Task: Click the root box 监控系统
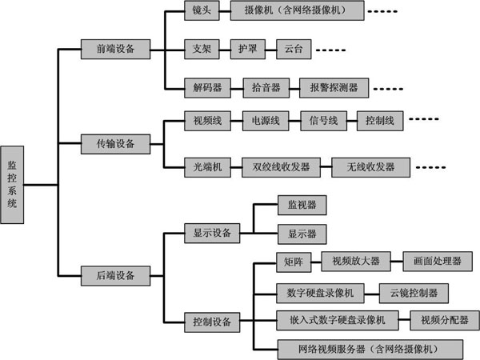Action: pyautogui.click(x=12, y=185)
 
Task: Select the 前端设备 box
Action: pyautogui.click(x=115, y=49)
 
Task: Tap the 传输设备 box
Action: pyautogui.click(x=115, y=144)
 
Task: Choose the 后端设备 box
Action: pyautogui.click(x=115, y=276)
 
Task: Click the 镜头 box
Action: pyautogui.click(x=202, y=10)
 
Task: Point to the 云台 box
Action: pyautogui.click(x=294, y=49)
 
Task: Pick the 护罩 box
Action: pyautogui.click(x=248, y=49)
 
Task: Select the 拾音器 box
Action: pyautogui.click(x=266, y=88)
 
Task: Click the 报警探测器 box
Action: pyautogui.click(x=334, y=88)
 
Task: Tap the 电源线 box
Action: pyautogui.click(x=266, y=121)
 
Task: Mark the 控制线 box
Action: pyautogui.click(x=380, y=121)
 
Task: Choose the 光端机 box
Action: pyautogui.click(x=207, y=167)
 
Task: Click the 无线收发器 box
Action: pyautogui.click(x=370, y=167)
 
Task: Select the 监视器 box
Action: pyautogui.click(x=302, y=205)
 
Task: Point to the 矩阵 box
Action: pyautogui.click(x=294, y=262)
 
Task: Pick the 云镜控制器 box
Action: pyautogui.click(x=414, y=293)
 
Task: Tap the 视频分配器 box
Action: pyautogui.click(x=445, y=320)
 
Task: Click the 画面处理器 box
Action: pyautogui.click(x=438, y=261)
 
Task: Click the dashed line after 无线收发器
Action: pyautogui.click(x=430, y=167)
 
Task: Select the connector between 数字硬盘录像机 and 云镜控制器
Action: pyautogui.click(x=372, y=294)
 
